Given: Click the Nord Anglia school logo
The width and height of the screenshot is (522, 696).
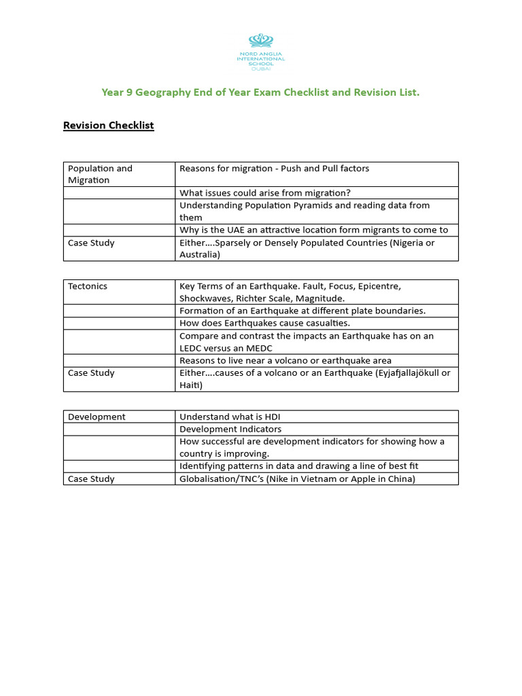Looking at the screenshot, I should click(x=260, y=50).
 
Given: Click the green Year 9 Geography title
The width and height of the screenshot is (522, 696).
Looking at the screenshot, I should click(x=260, y=92).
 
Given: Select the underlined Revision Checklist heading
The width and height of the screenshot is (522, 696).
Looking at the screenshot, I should click(x=109, y=126).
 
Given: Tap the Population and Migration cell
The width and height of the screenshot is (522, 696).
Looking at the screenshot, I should click(x=100, y=174).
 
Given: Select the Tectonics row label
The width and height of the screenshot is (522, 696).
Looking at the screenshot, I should click(x=88, y=286).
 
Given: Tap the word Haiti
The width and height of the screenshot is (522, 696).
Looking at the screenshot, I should click(x=190, y=385).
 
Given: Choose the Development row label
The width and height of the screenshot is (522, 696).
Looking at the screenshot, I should click(x=97, y=417).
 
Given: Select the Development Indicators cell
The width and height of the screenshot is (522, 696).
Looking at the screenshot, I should click(x=230, y=429).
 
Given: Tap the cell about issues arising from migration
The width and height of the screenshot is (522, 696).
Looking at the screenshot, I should click(x=265, y=193).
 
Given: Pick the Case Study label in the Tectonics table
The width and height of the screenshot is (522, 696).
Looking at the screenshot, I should click(x=91, y=373).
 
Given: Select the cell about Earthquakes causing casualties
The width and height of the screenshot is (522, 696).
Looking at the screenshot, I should click(x=264, y=323).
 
